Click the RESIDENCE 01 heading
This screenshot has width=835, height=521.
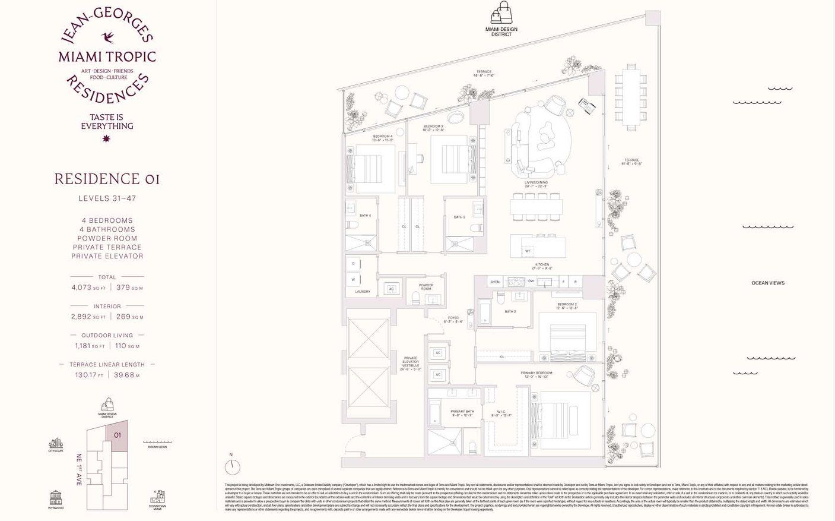coord(107,179)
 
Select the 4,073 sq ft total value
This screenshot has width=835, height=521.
coord(81,288)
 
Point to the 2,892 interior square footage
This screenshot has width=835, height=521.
coord(81,317)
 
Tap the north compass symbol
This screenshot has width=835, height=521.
coord(233,465)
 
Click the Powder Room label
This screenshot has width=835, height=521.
coord(426,287)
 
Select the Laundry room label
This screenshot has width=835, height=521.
coord(362,292)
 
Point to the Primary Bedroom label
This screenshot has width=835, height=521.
coord(538,374)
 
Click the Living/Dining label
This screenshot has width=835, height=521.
coord(536,184)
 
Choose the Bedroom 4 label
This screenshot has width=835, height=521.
coord(383,138)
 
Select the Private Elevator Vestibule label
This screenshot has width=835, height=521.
coord(410,363)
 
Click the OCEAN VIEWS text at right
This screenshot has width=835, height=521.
coord(767,283)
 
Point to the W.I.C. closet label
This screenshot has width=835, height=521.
coord(501,413)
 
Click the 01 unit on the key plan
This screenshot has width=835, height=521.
coord(118,435)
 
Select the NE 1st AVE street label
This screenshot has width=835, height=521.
coord(78,470)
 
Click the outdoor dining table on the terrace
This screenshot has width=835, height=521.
coord(630,97)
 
